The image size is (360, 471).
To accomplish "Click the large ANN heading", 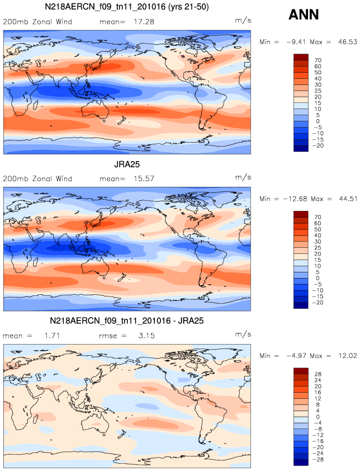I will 304,15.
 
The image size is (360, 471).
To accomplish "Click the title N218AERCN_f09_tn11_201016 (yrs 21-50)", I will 127,7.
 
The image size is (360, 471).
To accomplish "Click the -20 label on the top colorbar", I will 321,145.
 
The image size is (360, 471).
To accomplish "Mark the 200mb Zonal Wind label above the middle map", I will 37,179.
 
